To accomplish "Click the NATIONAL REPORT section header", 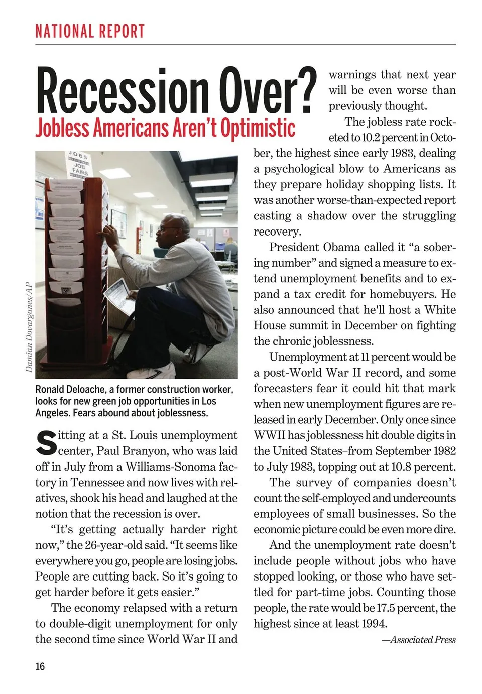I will coord(90,31).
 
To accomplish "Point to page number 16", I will coord(40,666).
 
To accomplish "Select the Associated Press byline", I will coord(419,640).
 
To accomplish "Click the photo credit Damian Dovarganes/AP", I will coord(29,327).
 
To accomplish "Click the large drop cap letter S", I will coord(46,442).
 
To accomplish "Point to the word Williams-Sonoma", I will coord(171,467).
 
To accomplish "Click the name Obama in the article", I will coord(341,247).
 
